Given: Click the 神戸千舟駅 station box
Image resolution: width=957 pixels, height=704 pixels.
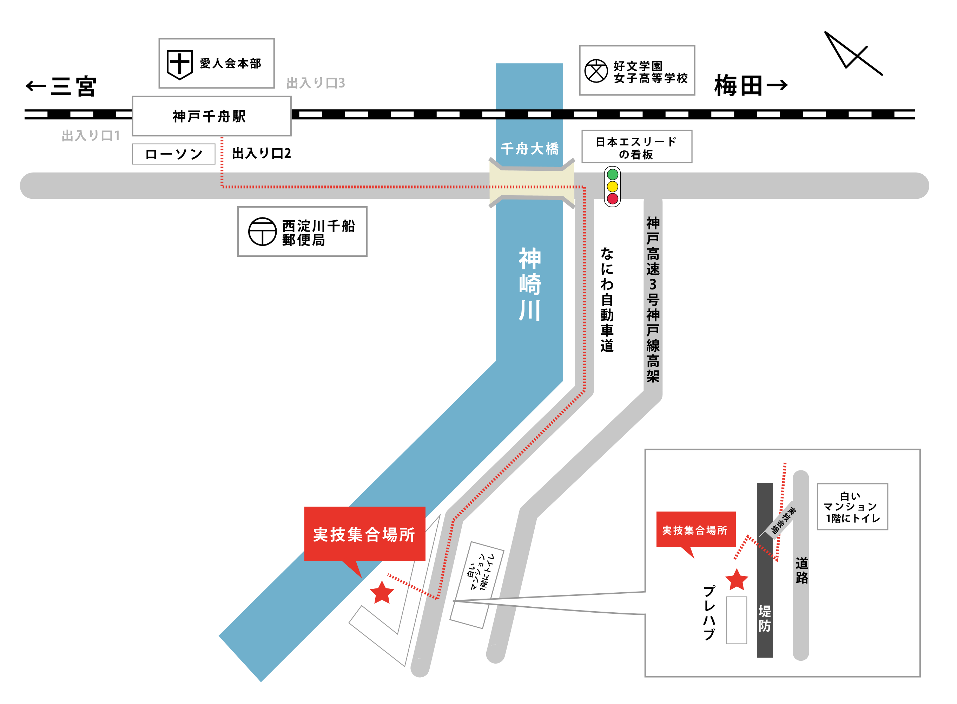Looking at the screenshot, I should pos(211,116).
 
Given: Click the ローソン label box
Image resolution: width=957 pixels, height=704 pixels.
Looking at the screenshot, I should pos(173,154).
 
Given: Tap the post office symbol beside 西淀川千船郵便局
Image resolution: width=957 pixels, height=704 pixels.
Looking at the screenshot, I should pos(262,232).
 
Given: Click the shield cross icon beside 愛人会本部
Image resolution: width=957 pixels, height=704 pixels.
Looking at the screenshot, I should pos(179,64).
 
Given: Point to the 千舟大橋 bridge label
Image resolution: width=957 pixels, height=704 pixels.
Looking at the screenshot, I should pos(529,149).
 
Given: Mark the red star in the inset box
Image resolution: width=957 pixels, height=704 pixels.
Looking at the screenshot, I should pos(737,580).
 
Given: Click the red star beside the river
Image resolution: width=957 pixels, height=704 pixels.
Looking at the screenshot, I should pos(382,593).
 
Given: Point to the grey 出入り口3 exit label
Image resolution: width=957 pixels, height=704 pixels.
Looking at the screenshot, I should pos(315,83).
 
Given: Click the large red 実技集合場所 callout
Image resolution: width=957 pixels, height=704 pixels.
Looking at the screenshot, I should pos(364,534).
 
